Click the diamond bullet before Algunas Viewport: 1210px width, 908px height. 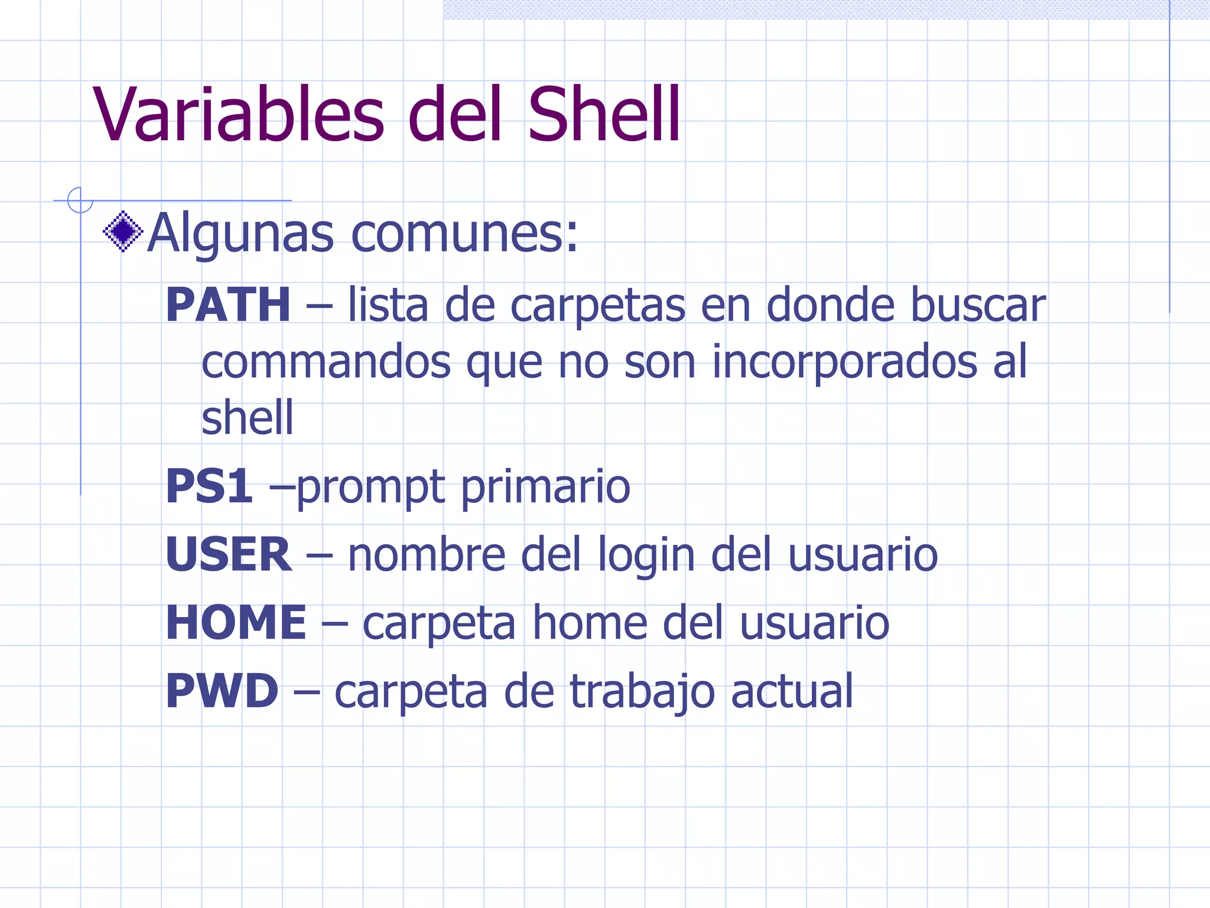(123, 231)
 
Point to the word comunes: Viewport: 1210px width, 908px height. (464, 234)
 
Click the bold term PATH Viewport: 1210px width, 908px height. (228, 305)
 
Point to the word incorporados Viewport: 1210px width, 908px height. (844, 362)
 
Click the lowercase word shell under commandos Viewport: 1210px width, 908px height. (247, 417)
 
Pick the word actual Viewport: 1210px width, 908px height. (792, 690)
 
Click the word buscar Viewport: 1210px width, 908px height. (978, 305)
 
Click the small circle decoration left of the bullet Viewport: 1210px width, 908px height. (80, 200)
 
